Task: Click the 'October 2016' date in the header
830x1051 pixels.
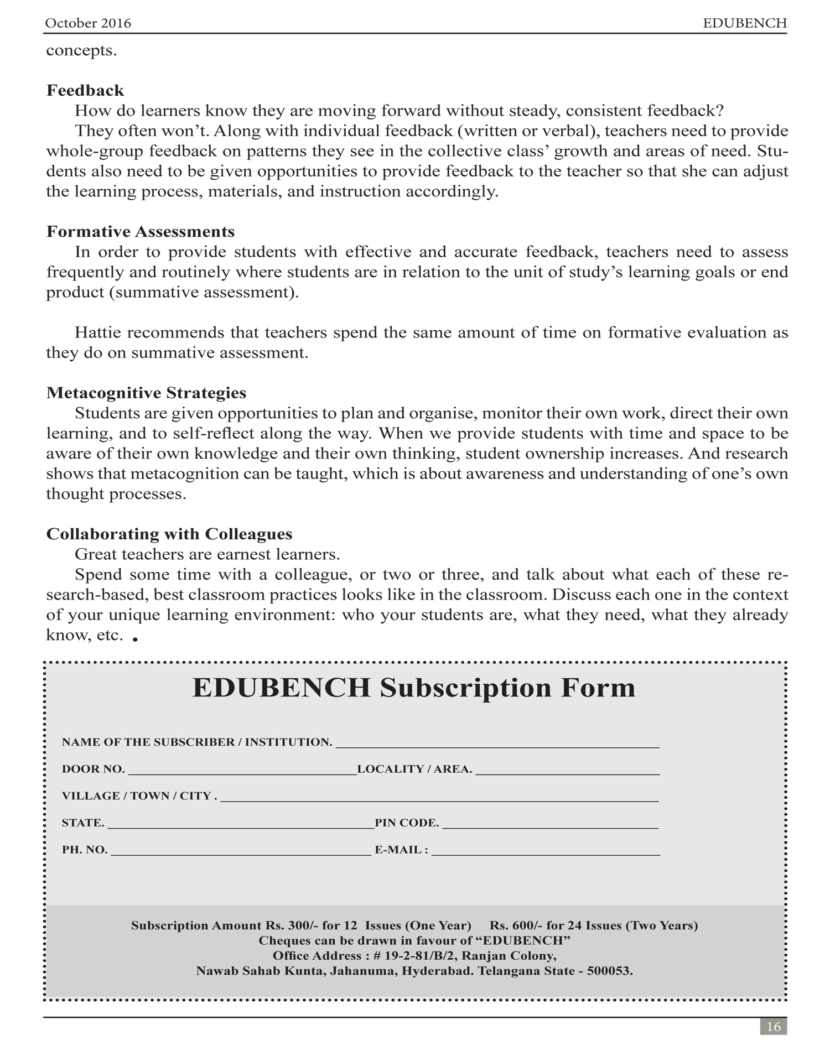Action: [x=88, y=23]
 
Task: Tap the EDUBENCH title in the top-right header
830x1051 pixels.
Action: [x=745, y=23]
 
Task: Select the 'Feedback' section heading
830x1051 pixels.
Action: [x=85, y=90]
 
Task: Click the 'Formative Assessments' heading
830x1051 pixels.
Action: [x=141, y=231]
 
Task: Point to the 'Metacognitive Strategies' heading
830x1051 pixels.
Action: [x=146, y=393]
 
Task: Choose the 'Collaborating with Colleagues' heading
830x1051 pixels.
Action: [x=169, y=534]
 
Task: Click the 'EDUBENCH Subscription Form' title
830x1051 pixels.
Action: [x=414, y=688]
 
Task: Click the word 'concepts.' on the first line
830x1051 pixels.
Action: [x=81, y=50]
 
